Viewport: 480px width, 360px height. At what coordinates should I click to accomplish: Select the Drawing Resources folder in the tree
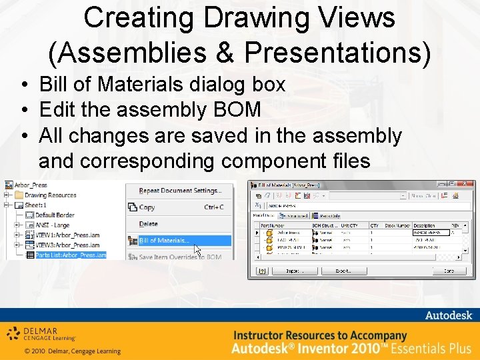tap(51, 195)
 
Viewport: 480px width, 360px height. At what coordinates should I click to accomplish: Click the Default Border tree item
tap(55, 215)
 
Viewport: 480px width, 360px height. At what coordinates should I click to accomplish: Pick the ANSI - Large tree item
tap(51, 225)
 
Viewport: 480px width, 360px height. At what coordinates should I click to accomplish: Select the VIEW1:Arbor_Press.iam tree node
tap(67, 235)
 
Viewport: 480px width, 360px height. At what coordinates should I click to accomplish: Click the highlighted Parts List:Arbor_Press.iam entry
tap(70, 255)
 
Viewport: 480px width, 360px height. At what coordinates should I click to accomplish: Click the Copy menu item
tap(147, 207)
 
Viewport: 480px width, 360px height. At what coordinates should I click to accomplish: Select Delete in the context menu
tap(149, 224)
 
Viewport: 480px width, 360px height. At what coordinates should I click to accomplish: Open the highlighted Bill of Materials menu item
tap(164, 241)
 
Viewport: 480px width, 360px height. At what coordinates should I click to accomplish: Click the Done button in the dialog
tap(449, 271)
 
